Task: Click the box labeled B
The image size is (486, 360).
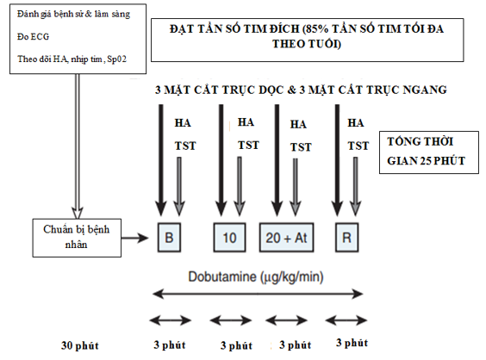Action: [169, 238]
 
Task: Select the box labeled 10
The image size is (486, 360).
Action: [230, 238]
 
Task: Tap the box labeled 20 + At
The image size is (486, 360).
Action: [286, 238]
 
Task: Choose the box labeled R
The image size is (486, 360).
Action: [346, 238]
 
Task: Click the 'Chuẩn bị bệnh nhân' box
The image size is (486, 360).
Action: [77, 238]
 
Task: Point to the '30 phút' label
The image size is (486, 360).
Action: [79, 345]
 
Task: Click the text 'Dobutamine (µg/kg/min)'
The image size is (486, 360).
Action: [256, 276]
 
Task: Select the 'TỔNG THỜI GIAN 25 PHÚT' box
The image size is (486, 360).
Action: [429, 152]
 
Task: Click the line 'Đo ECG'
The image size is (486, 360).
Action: [33, 36]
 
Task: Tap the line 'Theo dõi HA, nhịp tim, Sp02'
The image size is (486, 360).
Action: [72, 59]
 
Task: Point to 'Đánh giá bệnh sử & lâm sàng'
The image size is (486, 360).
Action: [74, 15]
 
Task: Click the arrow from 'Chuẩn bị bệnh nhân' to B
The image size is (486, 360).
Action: [135, 238]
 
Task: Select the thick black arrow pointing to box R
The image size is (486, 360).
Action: [337, 160]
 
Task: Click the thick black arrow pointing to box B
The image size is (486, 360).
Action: [160, 160]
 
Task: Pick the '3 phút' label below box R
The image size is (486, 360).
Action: [352, 343]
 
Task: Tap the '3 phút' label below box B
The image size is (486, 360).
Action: [170, 344]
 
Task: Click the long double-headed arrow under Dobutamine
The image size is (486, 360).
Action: [258, 294]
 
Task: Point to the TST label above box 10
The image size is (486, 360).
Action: [248, 145]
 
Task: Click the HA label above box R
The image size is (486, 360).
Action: [356, 123]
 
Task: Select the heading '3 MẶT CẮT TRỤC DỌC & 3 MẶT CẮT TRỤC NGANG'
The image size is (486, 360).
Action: [301, 90]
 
